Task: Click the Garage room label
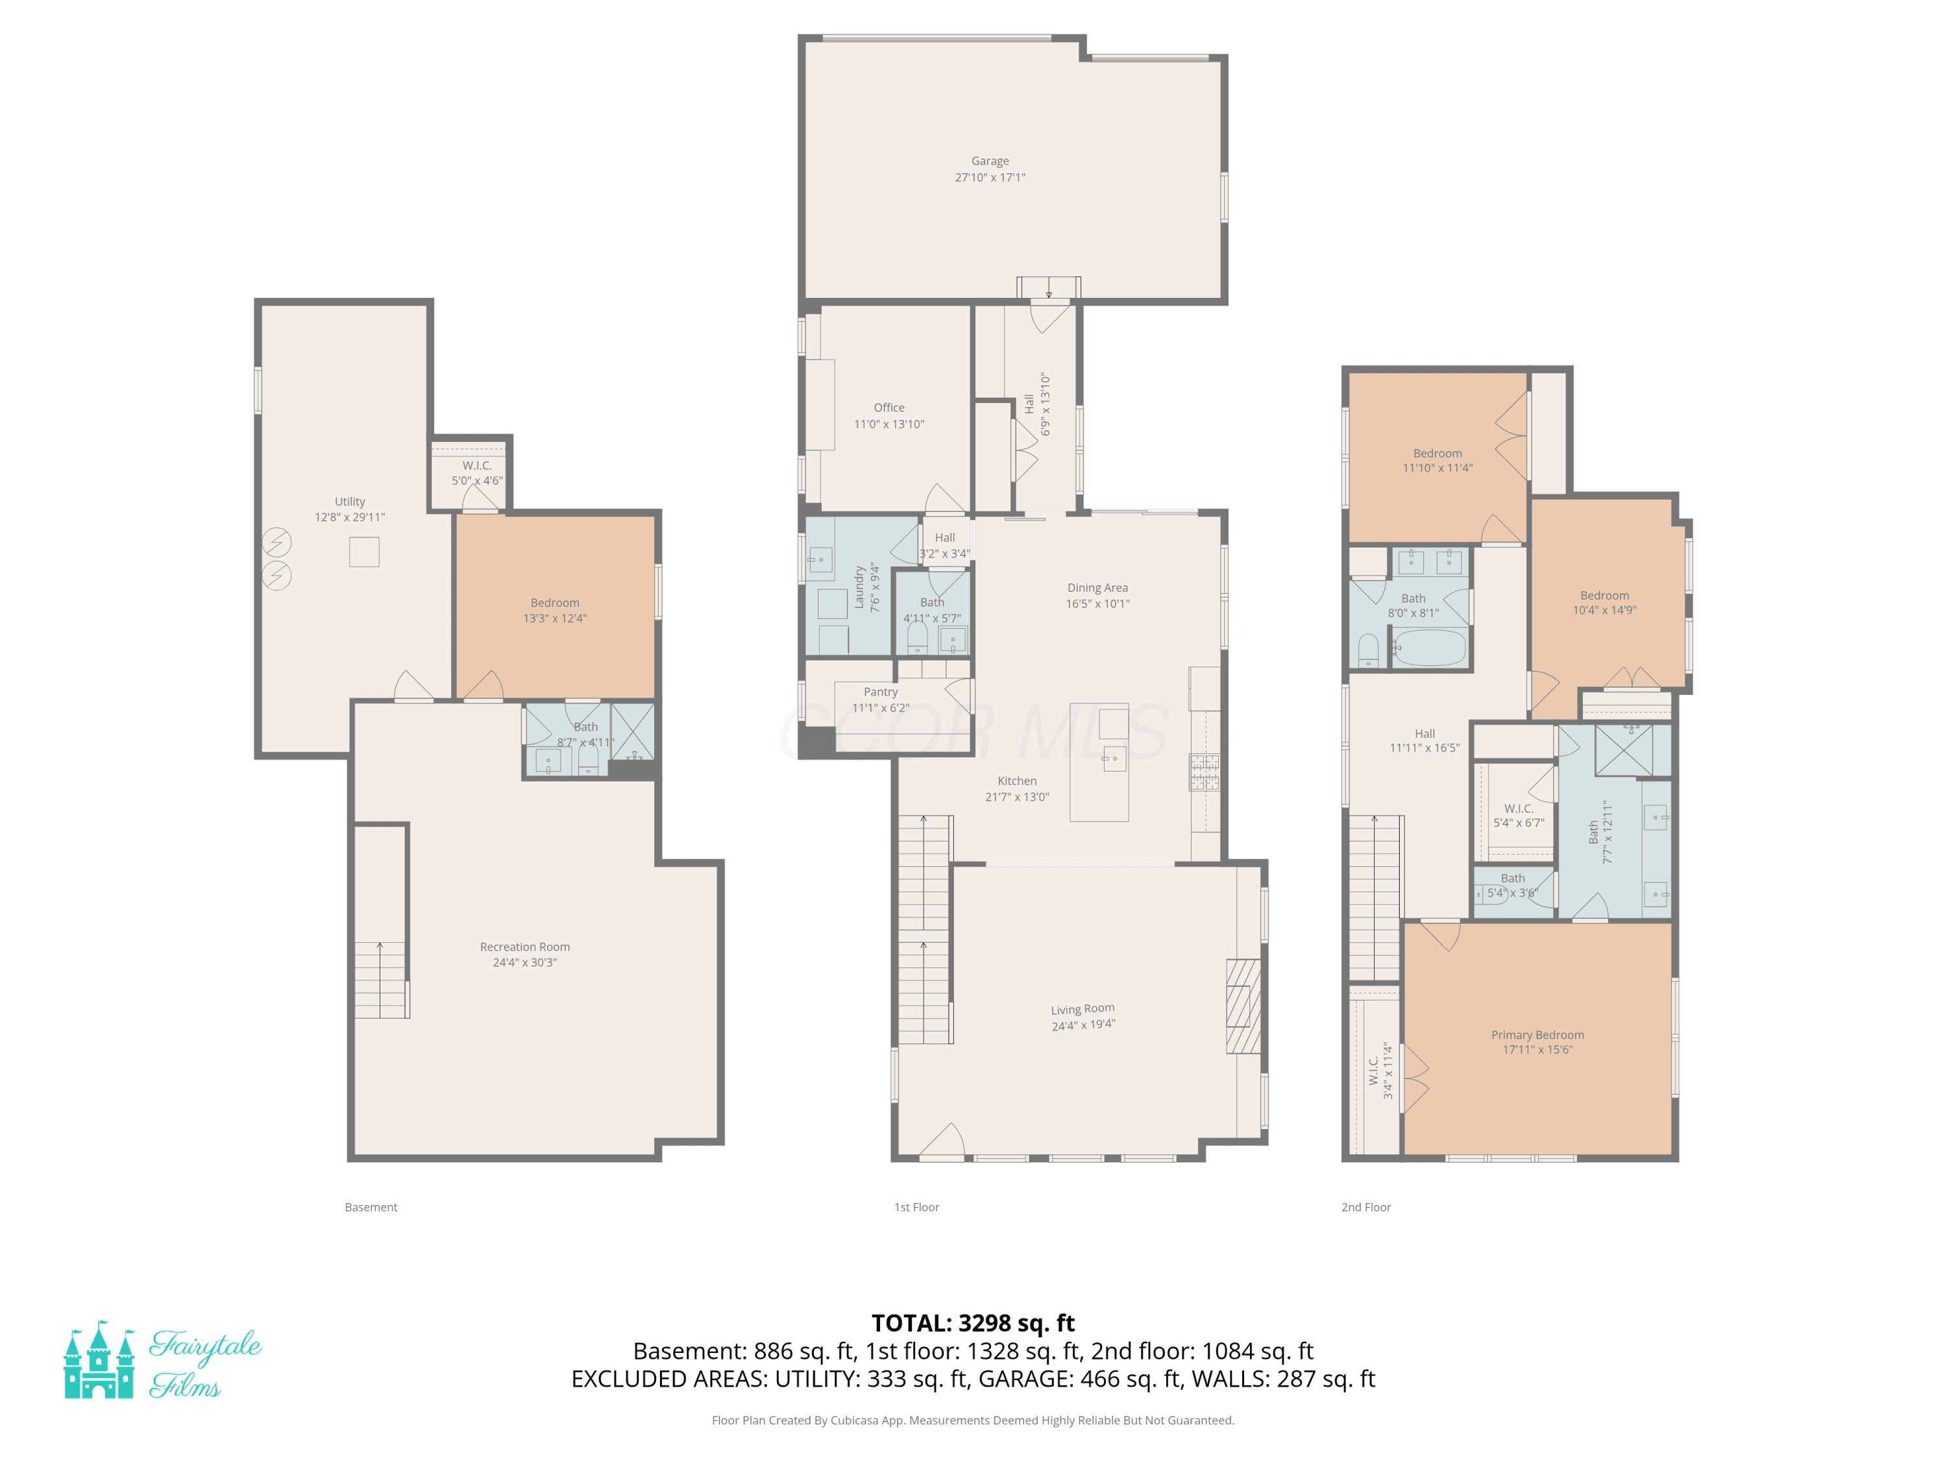990,161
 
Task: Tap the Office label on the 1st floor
889,408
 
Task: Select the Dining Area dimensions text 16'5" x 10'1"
1097,603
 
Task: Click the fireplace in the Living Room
1243,1006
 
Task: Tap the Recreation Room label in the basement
524,947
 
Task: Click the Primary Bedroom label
1537,1035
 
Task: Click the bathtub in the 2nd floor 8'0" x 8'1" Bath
1430,648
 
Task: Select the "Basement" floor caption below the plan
371,1208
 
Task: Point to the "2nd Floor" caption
1366,1208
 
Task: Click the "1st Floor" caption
916,1208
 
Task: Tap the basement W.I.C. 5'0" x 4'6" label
477,472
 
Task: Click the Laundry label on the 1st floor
859,588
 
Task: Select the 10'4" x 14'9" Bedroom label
1604,603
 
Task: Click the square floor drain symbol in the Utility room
364,552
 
